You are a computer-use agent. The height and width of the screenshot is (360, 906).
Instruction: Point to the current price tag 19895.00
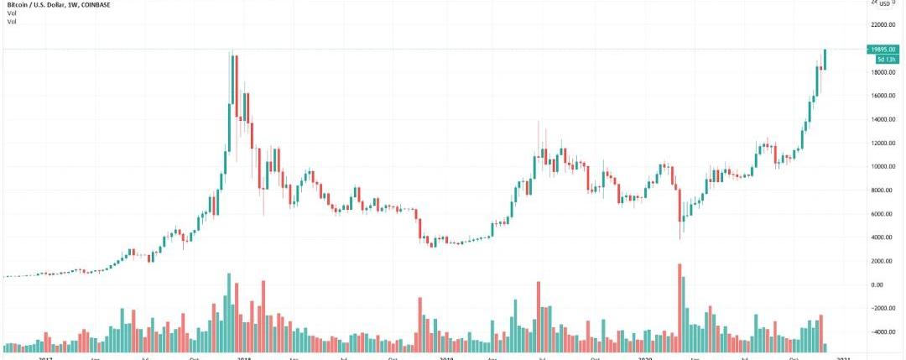[885, 50]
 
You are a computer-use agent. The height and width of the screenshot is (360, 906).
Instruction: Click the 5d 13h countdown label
[886, 60]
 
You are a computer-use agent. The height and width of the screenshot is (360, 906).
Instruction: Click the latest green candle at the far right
[826, 59]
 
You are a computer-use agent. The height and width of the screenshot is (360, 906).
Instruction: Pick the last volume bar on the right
[826, 347]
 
